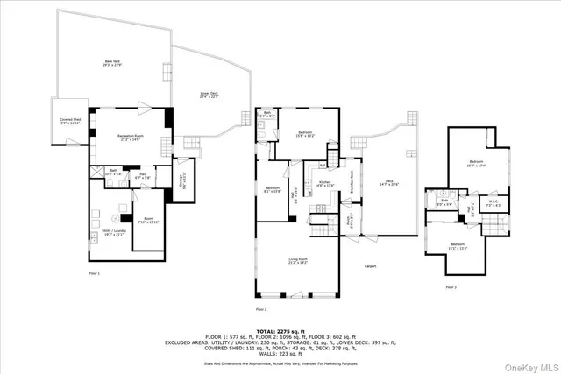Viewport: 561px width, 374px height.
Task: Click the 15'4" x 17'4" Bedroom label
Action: (476, 164)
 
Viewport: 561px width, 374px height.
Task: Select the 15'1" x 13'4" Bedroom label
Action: (458, 246)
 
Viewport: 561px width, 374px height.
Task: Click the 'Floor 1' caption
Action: (94, 274)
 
